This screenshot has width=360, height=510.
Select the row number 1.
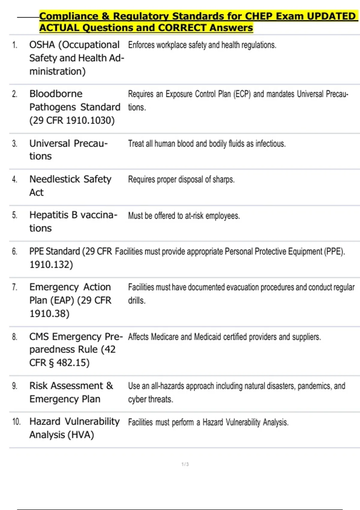(15, 45)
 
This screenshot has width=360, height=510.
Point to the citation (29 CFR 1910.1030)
(72, 120)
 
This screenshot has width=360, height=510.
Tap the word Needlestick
(55, 179)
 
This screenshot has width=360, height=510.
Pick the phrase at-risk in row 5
(194, 216)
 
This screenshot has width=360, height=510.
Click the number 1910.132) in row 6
(51, 265)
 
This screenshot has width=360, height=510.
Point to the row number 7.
(15, 287)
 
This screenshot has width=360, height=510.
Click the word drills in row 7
(136, 301)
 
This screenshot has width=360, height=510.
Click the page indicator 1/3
(185, 464)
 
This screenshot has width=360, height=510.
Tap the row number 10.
(16, 422)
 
